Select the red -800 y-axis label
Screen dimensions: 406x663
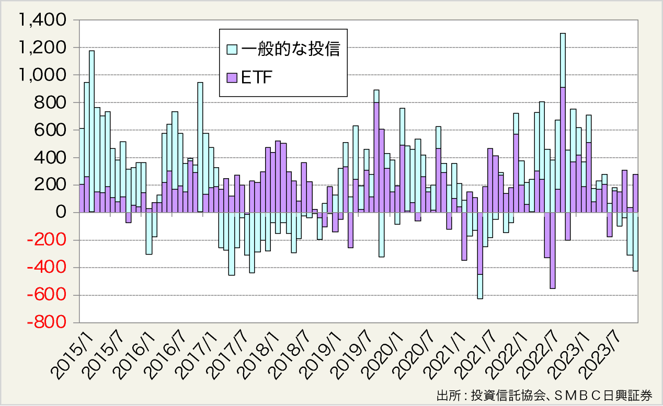(48, 323)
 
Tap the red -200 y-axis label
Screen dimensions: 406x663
(48, 240)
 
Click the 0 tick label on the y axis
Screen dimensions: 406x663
(61, 213)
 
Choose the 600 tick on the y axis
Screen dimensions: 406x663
(51, 131)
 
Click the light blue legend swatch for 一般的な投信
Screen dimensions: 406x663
(232, 50)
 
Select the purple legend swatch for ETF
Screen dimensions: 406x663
(232, 78)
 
